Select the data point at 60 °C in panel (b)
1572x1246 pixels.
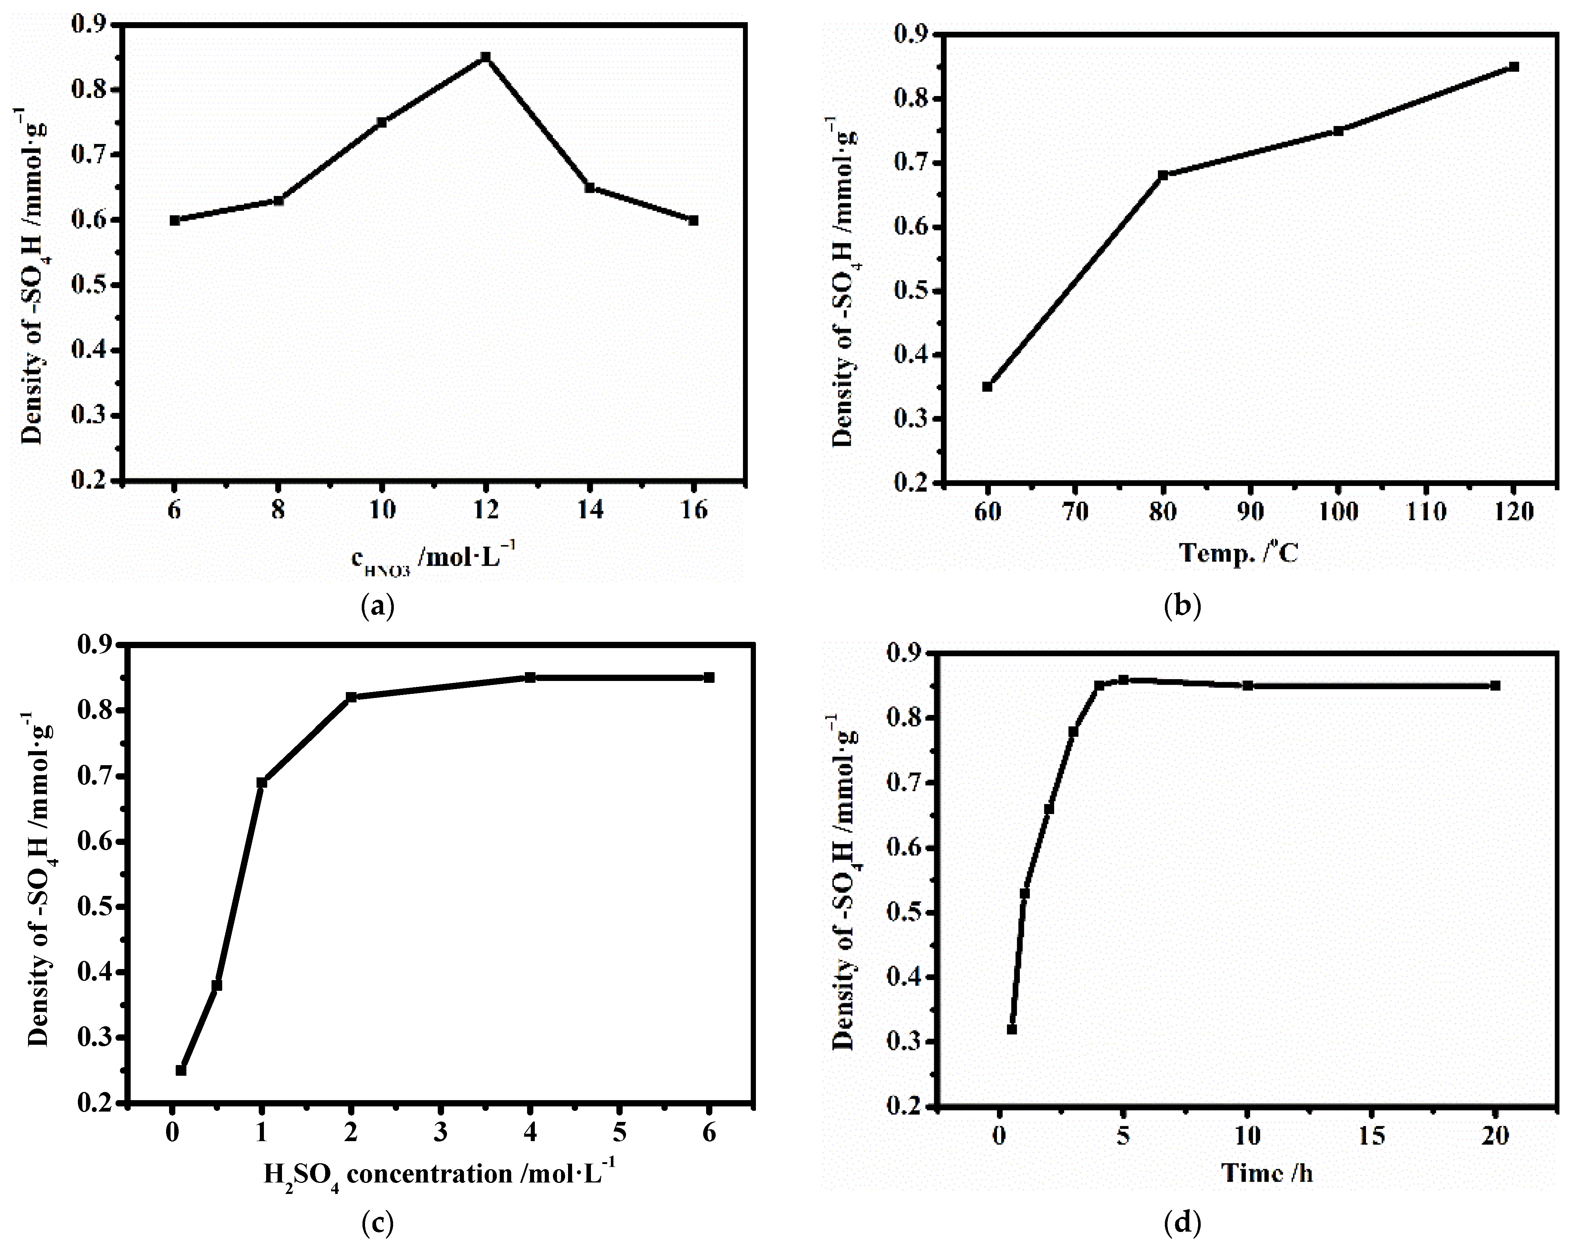coord(987,387)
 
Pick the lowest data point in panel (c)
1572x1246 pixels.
coord(181,1070)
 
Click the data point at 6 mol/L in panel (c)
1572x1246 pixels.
coord(709,678)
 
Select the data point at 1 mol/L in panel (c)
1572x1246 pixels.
coord(262,783)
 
